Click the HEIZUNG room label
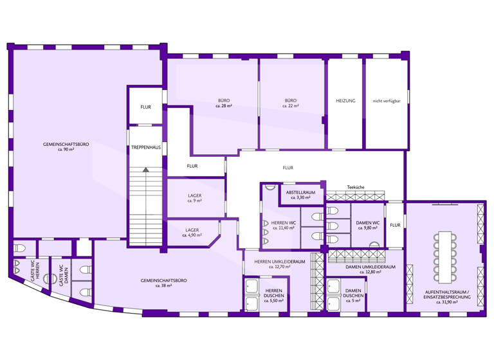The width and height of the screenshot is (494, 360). (x=345, y=101)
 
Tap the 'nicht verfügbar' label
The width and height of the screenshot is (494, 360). (x=387, y=101)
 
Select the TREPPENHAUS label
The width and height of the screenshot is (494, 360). (x=145, y=147)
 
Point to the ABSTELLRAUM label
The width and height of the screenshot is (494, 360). (x=301, y=192)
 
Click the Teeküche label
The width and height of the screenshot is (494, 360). (x=356, y=187)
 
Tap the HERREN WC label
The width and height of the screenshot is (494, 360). (x=279, y=222)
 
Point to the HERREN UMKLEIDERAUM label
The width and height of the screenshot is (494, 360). (x=279, y=262)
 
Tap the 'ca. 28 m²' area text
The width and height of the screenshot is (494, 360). (x=223, y=105)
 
